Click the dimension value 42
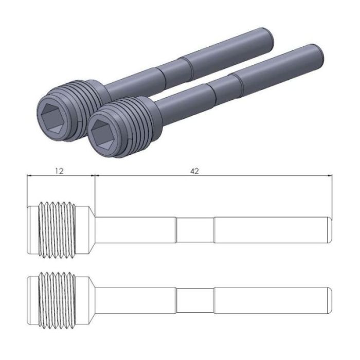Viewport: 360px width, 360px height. point(194,171)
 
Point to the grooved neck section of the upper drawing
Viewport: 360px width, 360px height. point(194,229)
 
